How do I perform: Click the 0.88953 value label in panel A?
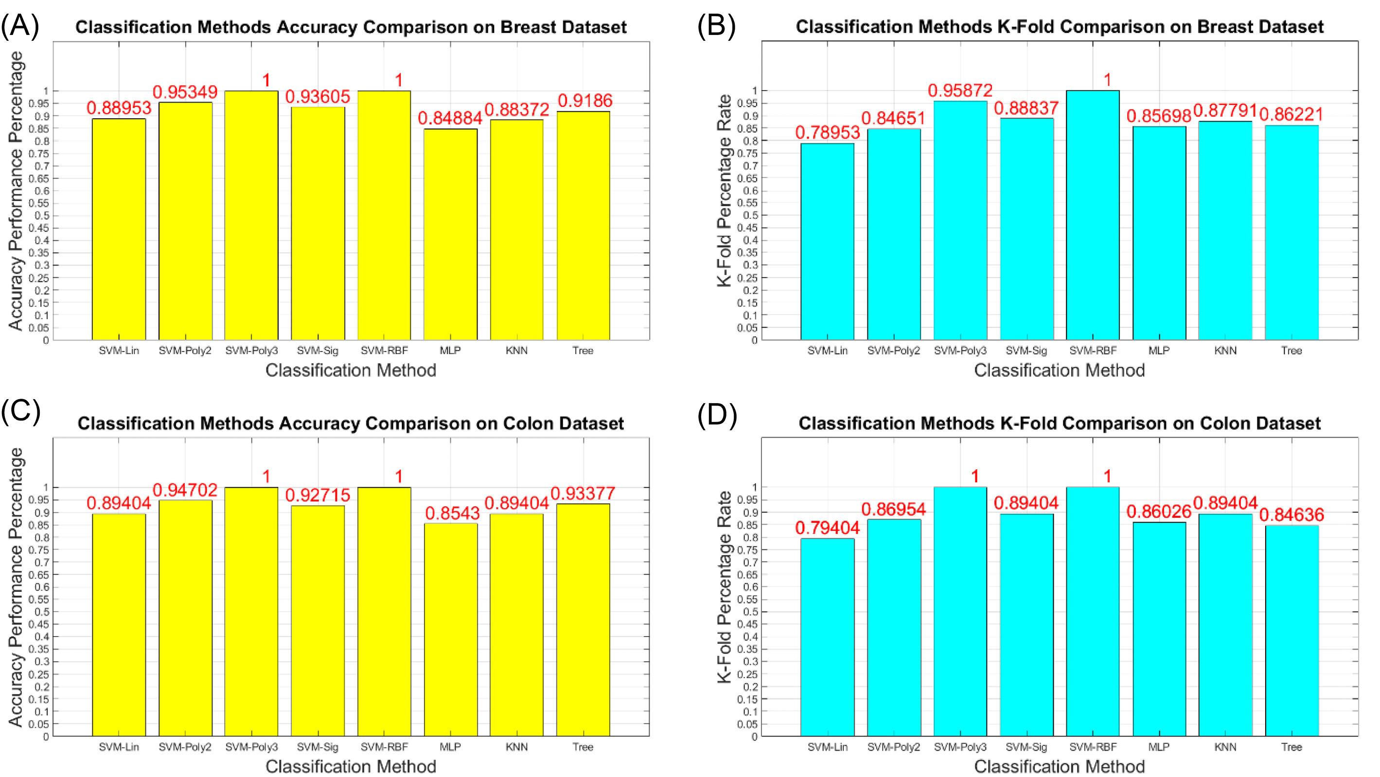119,108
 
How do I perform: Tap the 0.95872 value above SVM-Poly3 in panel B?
960,90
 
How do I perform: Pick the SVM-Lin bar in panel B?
827,241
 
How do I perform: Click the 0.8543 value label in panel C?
452,513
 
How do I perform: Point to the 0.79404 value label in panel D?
827,528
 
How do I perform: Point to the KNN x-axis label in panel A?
516,351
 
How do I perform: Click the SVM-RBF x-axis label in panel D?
1093,746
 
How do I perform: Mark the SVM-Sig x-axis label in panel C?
318,746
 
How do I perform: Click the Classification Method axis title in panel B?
1059,371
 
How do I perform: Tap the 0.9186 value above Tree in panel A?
585,100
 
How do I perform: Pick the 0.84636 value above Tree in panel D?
1291,514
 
